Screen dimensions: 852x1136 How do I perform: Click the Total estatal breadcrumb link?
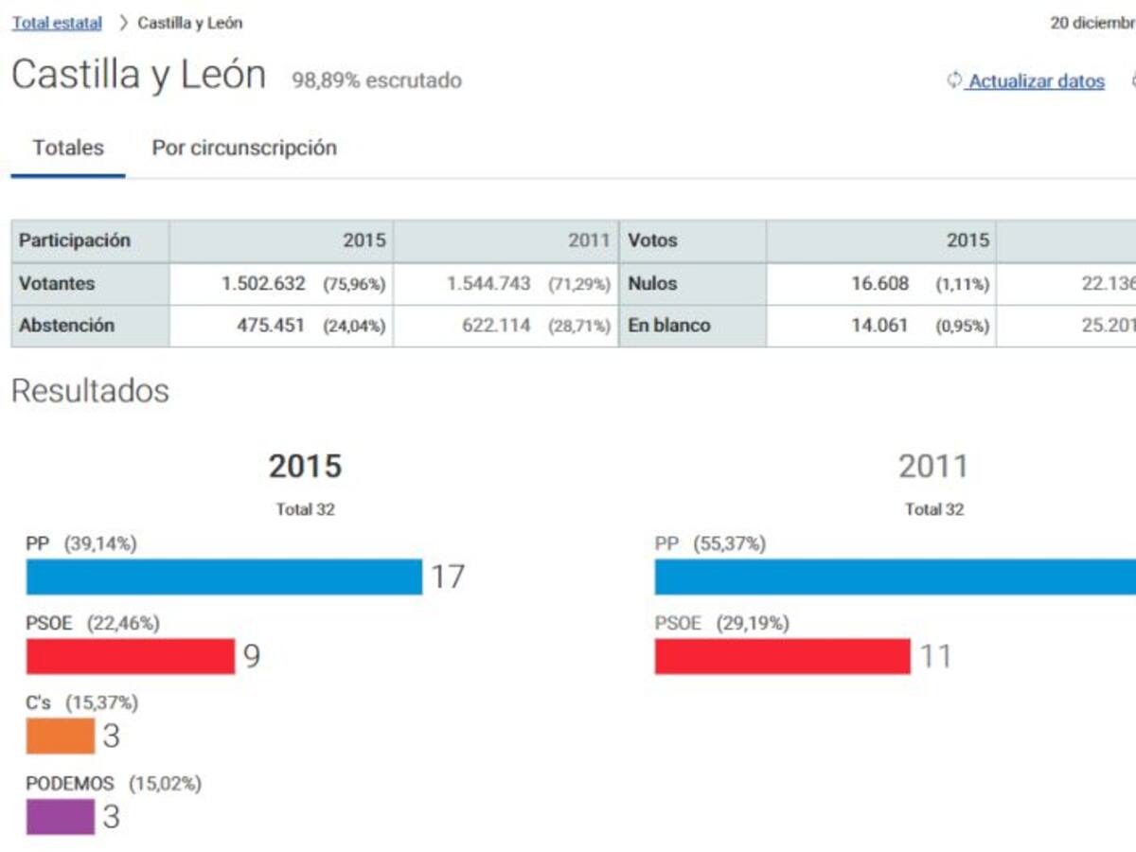pos(57,23)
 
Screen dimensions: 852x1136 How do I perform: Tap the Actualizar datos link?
pos(1036,81)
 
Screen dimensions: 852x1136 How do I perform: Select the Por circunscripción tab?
pos(244,148)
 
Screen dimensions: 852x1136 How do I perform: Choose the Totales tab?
pos(68,148)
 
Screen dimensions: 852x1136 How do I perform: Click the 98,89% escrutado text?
pos(377,80)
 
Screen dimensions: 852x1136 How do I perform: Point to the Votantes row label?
pos(57,283)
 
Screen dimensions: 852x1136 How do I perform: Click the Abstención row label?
pos(66,325)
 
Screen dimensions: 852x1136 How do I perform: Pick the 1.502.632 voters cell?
pos(263,283)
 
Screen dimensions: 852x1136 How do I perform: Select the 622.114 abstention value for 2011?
pos(496,325)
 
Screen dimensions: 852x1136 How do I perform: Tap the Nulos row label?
pos(652,283)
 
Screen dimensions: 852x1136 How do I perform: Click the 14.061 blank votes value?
pos(879,325)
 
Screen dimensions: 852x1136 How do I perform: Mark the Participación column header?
pos(75,240)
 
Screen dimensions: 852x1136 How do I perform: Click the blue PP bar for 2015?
pos(223,577)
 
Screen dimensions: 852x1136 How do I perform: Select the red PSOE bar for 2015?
pos(131,656)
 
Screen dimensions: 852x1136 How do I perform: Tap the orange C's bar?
pos(61,736)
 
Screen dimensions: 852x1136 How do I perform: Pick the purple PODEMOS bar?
pos(61,817)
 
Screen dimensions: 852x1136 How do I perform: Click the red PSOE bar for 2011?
pos(782,656)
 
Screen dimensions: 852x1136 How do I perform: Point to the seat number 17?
pos(448,577)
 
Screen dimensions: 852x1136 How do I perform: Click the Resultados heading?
pos(90,391)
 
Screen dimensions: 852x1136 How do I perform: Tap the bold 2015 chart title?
pos(305,466)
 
